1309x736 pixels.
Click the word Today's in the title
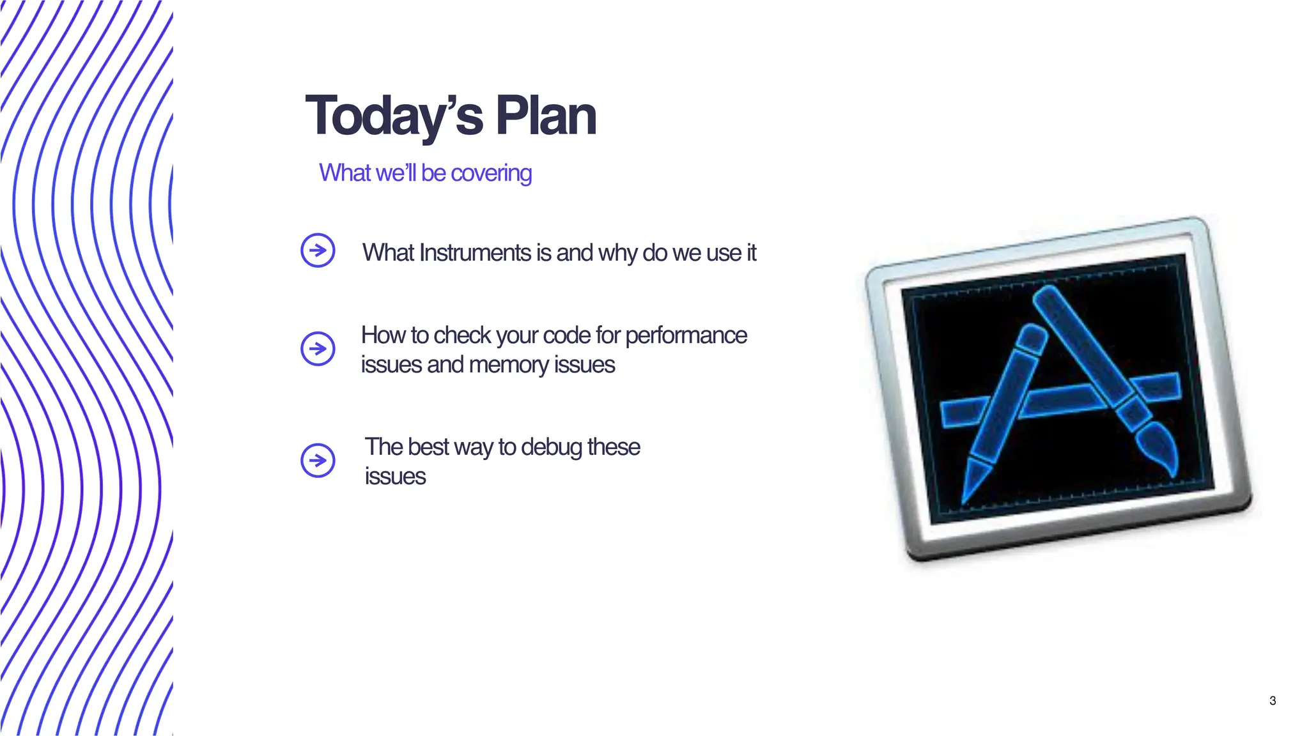tap(394, 116)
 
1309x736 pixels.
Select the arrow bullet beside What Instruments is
tap(318, 250)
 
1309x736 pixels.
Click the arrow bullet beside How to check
tap(318, 349)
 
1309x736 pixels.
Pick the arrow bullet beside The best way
tap(318, 460)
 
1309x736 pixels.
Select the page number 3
tap(1272, 701)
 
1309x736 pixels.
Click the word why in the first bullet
tap(618, 253)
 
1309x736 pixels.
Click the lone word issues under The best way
tap(395, 477)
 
